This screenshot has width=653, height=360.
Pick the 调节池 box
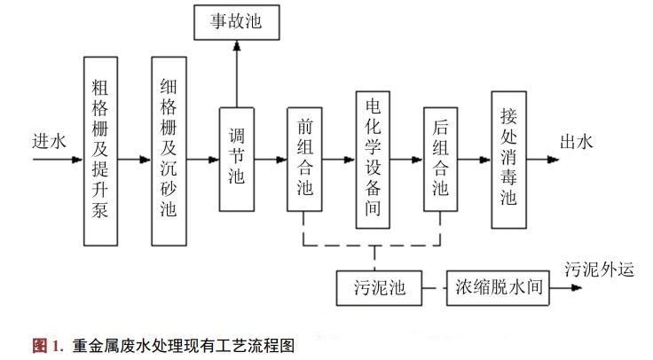pos(237,159)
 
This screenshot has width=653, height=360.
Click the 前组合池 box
pos(304,159)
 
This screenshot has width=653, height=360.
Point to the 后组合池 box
pos(440,159)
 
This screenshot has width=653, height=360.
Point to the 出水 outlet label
pos(576,141)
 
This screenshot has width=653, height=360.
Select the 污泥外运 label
pos(600,270)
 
